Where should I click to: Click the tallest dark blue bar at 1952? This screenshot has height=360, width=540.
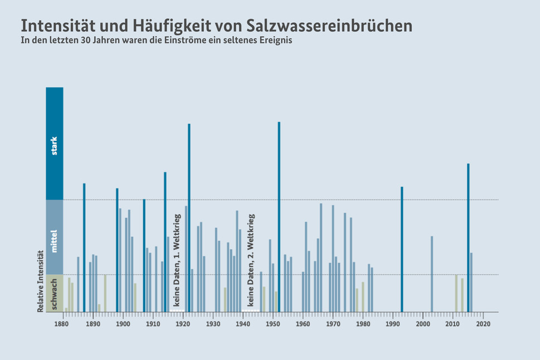[x=279, y=217]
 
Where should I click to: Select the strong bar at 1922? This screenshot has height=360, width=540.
[x=189, y=217]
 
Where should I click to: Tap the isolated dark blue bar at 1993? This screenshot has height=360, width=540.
[x=402, y=249]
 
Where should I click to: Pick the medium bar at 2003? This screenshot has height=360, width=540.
[x=432, y=274]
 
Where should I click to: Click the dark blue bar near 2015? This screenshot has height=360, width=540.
[x=468, y=237]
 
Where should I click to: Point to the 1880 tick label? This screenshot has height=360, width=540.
[x=62, y=323]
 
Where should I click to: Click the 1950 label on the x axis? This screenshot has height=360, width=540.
[x=273, y=323]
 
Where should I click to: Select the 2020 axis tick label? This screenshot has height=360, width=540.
[x=483, y=323]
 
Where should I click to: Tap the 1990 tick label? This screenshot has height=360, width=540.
[x=393, y=323]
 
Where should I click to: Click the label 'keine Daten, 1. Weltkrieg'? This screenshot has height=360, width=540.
[x=177, y=260]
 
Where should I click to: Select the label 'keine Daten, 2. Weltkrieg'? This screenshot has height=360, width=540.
[x=251, y=260]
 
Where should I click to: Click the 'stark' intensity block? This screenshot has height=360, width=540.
[x=55, y=144]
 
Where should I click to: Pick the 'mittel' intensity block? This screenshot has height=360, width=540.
[x=55, y=237]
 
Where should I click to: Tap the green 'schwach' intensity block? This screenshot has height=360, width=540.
[x=55, y=293]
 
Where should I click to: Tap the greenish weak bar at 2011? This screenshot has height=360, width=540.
[x=456, y=293]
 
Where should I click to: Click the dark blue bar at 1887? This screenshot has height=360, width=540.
[x=84, y=247]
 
